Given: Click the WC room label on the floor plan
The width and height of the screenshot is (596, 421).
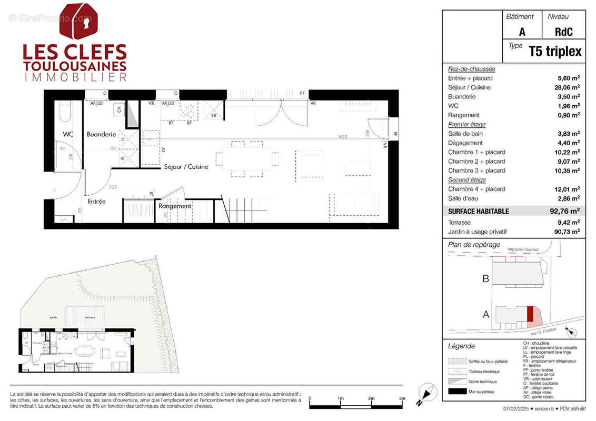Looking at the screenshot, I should (x=68, y=134).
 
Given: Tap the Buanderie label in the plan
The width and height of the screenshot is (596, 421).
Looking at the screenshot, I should (x=101, y=134).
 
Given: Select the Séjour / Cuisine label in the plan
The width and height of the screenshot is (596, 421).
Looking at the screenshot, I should (x=185, y=167).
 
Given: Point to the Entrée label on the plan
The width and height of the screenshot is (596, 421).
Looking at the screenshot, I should (x=96, y=202).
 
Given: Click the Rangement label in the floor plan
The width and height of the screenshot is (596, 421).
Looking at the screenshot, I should (x=175, y=206).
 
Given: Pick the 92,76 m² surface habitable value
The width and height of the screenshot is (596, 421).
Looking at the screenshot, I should (x=569, y=212).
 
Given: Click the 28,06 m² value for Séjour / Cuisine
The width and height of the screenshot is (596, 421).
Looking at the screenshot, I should (x=569, y=87).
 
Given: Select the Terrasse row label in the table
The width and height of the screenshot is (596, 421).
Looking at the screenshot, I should (x=459, y=223).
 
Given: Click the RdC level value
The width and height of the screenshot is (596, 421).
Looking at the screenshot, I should (x=563, y=32).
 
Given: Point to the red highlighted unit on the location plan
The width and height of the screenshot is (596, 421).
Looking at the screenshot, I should (x=530, y=315).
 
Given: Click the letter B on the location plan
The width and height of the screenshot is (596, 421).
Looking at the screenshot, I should (x=486, y=279).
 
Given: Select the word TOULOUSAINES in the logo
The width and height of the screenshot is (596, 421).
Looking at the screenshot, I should (x=75, y=66).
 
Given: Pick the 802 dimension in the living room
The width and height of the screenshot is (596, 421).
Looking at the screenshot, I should (x=343, y=137).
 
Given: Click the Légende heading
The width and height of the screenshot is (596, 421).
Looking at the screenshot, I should (x=461, y=346).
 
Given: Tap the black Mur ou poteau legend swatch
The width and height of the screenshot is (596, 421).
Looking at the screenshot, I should (x=456, y=391).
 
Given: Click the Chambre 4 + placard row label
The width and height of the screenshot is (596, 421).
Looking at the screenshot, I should (x=476, y=189).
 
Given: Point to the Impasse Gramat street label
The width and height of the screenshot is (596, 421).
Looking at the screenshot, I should (x=523, y=249).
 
